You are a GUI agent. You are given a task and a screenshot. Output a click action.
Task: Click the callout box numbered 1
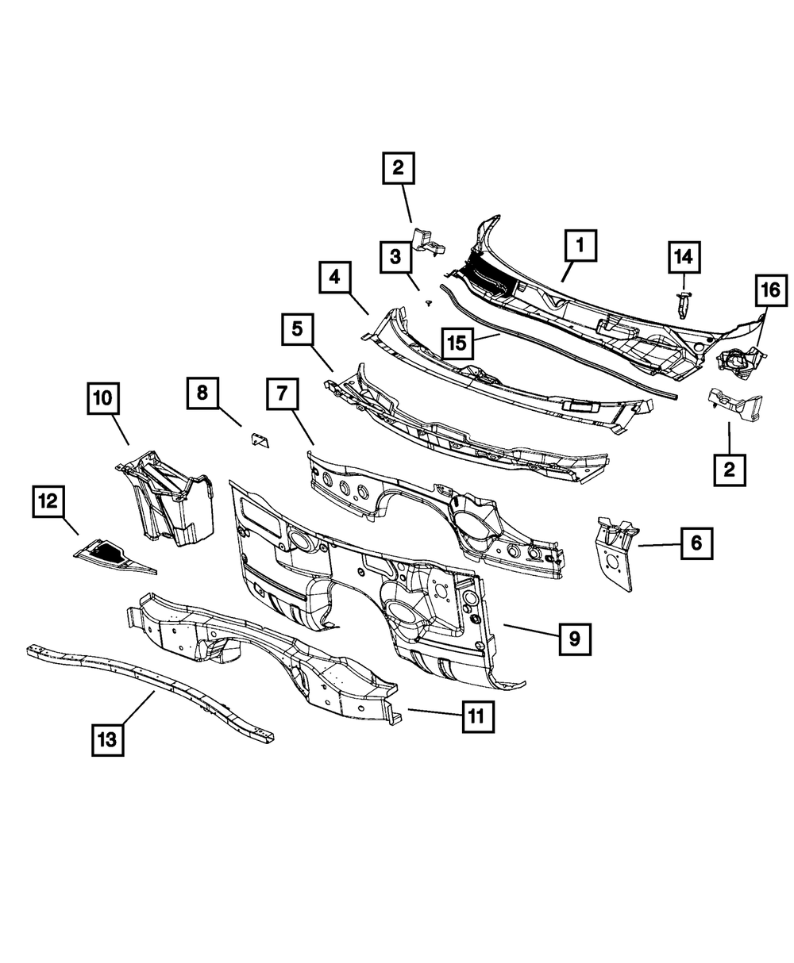coord(580,247)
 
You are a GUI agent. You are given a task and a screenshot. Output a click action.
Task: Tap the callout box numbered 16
coord(769,291)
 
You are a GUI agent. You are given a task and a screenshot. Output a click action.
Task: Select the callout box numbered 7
coord(284,394)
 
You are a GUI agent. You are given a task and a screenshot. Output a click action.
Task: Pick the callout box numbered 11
coord(476,717)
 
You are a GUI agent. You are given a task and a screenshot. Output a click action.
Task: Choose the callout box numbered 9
coord(573,637)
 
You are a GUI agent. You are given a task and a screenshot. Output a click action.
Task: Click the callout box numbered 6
coord(696,545)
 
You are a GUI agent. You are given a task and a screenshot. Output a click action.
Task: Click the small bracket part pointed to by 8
coord(259,439)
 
